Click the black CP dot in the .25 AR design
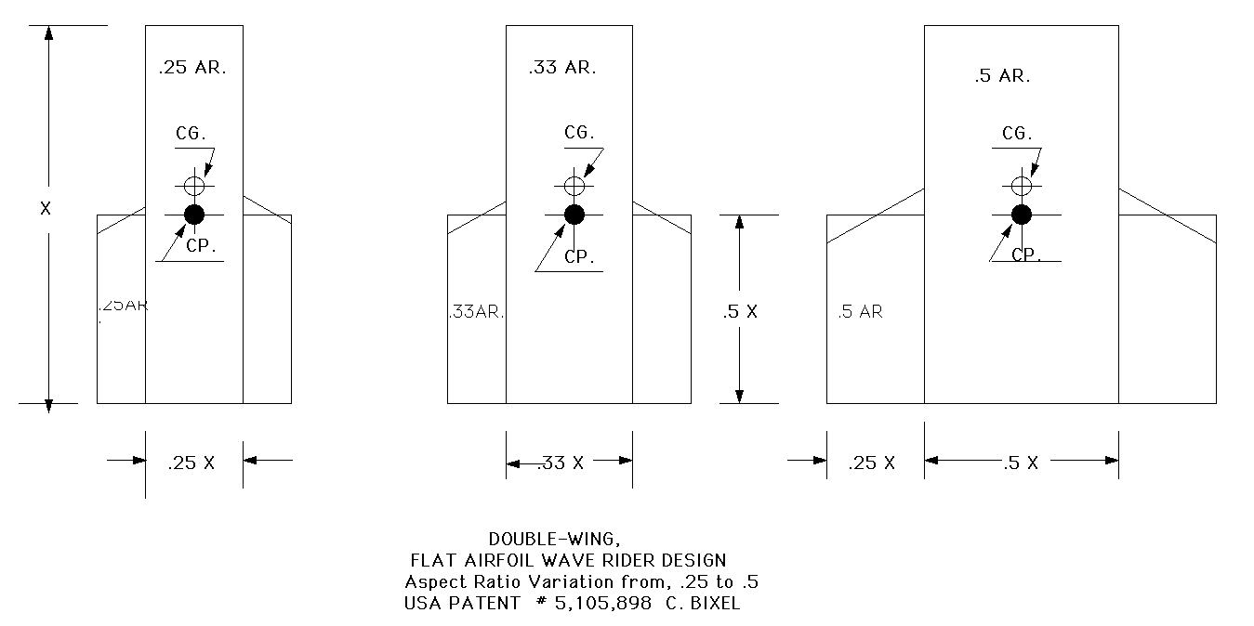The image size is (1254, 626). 193,215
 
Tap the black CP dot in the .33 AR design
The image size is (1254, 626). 574,215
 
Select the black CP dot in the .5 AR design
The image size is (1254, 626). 1022,215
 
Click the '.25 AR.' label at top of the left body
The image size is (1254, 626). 192,68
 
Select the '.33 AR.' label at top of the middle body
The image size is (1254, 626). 562,68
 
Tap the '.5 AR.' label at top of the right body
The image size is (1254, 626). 1002,77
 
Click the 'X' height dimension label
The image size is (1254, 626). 46,209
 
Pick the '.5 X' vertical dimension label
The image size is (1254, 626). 741,312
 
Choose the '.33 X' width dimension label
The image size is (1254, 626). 561,463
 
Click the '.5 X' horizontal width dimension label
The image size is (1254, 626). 1021,463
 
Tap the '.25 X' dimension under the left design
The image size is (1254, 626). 191,463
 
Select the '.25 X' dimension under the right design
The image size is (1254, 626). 872,463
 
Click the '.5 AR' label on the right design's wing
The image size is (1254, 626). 860,312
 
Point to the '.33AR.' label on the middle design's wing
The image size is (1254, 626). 476,312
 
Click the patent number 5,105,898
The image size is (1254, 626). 614,603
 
